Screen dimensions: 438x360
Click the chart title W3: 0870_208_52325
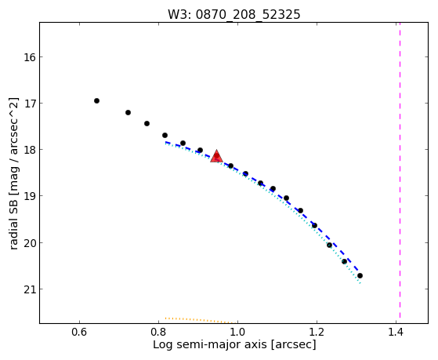pos(234,15)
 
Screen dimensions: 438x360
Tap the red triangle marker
pos(216,157)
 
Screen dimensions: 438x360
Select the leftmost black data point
pos(96,100)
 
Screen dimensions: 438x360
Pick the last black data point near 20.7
pos(360,276)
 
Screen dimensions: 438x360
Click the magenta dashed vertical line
pos(400,170)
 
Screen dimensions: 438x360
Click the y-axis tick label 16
pos(30,57)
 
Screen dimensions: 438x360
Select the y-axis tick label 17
pos(30,104)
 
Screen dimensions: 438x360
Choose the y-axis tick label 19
pos(30,196)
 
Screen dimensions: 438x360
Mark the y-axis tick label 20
pos(30,242)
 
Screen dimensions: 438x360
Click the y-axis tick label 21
pos(30,289)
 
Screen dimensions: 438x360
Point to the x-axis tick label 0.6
pos(79,332)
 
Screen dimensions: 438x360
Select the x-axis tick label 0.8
pos(158,332)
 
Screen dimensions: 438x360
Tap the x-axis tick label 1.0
pos(237,332)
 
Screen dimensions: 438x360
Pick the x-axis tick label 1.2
pos(317,332)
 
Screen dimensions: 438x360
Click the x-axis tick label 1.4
pos(396,332)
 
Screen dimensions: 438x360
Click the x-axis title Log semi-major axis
pos(210,344)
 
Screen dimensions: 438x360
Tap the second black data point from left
pos(128,112)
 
